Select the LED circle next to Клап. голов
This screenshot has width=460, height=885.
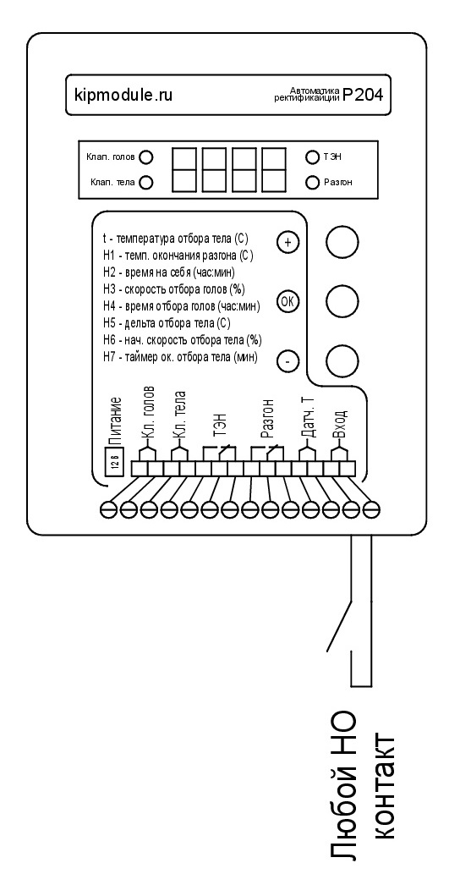[x=146, y=157]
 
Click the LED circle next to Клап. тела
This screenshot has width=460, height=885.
[x=146, y=182]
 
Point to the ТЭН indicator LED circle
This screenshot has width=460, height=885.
[x=312, y=157]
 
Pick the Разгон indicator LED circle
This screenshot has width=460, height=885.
[x=312, y=182]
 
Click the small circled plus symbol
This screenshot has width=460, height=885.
[x=287, y=242]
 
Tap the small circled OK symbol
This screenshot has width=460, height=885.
[x=287, y=301]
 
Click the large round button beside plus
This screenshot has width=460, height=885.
[x=342, y=242]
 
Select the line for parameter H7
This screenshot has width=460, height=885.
[x=181, y=357]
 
